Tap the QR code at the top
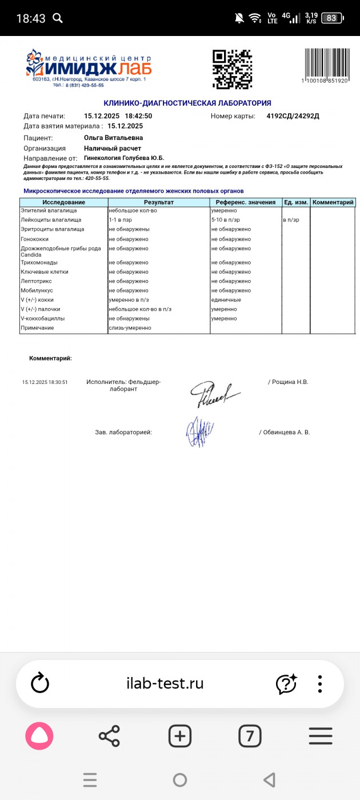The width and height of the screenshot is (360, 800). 232,69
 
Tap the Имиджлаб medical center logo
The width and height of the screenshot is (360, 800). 89,68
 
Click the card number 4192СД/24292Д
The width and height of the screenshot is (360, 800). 293,116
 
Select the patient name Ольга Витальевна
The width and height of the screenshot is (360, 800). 113,138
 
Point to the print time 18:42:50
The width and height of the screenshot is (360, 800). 139,116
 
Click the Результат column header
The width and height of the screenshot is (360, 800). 159,202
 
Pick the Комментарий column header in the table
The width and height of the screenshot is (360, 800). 333,202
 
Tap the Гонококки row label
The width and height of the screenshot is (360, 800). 35,239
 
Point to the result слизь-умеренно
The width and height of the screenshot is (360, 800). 130,328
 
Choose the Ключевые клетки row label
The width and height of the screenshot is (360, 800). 45,272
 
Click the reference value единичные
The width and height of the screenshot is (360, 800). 226,300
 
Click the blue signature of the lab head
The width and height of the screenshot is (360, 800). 199,431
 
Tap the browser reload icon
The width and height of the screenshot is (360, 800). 40,683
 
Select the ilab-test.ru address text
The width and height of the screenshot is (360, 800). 165,683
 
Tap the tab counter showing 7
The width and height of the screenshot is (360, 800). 250,736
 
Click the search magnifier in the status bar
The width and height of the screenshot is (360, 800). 58,18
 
